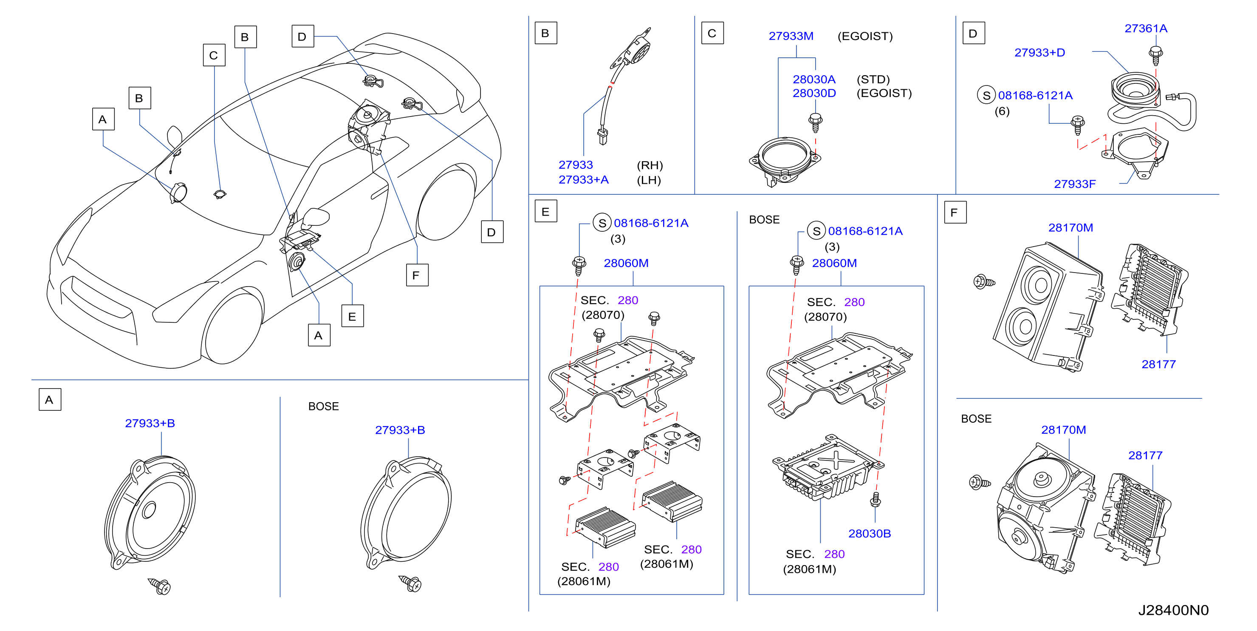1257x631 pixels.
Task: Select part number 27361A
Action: click(x=1146, y=28)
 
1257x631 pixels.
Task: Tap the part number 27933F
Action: click(x=1074, y=184)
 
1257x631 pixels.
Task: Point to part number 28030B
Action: click(x=869, y=533)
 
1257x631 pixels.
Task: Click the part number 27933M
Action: click(x=791, y=36)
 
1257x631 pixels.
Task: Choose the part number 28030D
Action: click(x=814, y=93)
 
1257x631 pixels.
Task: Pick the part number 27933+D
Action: click(x=1039, y=53)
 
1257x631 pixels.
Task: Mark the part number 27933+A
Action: click(x=584, y=180)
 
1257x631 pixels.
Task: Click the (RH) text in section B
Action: click(x=650, y=165)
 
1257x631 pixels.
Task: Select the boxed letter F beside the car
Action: click(x=417, y=275)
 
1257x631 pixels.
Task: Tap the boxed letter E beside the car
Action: click(x=352, y=316)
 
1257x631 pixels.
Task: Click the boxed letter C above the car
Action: click(x=214, y=55)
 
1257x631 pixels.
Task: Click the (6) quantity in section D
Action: click(x=1002, y=111)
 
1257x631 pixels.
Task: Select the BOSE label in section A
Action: click(x=324, y=406)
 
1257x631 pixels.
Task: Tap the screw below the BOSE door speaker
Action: click(x=410, y=583)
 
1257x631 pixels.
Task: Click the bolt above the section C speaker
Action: click(x=815, y=122)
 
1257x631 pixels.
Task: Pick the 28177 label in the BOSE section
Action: click(x=1145, y=456)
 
